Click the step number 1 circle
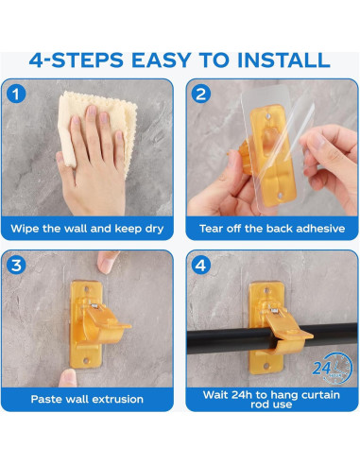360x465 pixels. point(16,94)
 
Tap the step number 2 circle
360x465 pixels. point(200,94)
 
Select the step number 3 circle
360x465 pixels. point(16,265)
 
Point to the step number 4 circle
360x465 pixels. point(200,265)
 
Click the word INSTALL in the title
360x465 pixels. point(283,60)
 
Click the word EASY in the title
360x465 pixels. point(161,60)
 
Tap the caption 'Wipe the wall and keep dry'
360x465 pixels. point(87,229)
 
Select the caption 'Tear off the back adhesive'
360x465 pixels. point(272,229)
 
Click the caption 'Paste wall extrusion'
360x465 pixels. point(87,399)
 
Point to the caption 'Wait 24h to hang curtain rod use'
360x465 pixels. point(271,399)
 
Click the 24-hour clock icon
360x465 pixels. point(333,368)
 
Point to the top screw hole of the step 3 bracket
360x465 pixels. point(87,288)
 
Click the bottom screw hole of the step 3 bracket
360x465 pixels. point(86,360)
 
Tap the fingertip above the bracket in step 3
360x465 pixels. point(106,262)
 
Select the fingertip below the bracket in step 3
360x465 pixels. point(68,378)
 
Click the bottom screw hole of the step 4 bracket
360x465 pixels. point(266,366)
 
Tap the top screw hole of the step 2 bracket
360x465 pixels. point(267,117)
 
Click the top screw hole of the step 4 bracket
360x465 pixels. point(266,290)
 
